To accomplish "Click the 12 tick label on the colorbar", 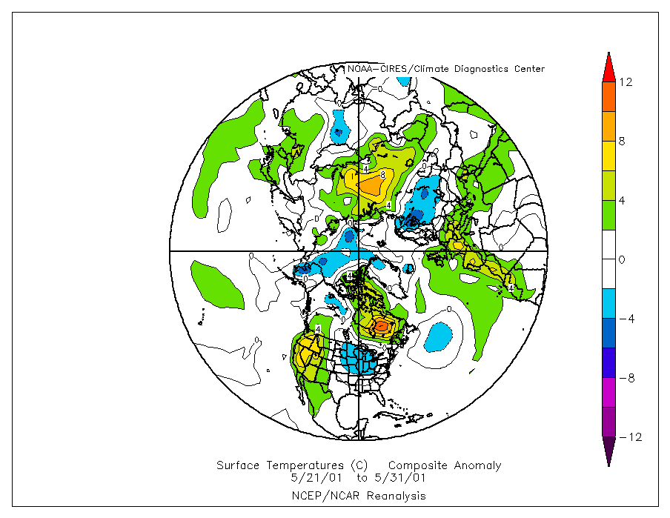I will click(626, 82).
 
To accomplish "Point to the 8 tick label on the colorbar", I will click(622, 141).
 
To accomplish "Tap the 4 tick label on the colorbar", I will click(622, 200).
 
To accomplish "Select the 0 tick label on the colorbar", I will click(622, 259).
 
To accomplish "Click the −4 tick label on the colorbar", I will click(626, 319).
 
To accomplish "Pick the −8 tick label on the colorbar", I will click(626, 378).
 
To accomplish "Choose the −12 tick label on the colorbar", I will click(629, 437).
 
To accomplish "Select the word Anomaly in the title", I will click(477, 465).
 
